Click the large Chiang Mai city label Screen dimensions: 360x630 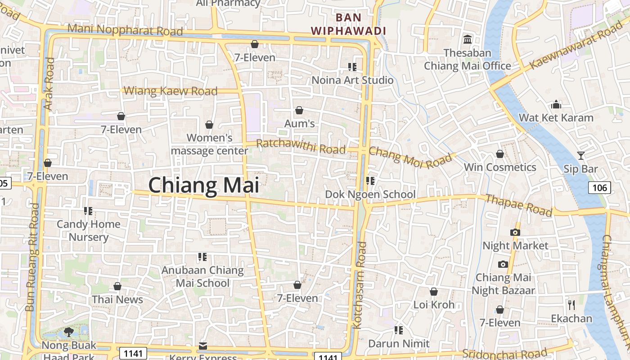click(x=204, y=185)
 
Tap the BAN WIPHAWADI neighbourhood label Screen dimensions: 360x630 click(x=349, y=24)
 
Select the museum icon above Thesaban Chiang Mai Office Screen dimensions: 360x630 click(x=468, y=40)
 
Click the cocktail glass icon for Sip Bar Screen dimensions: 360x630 click(x=581, y=156)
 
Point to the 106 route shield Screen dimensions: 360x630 click(x=599, y=188)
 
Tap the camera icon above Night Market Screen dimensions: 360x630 click(x=515, y=232)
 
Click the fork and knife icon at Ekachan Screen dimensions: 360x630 click(x=571, y=305)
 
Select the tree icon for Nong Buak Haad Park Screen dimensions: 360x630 click(x=69, y=332)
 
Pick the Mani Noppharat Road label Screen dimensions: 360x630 click(x=125, y=30)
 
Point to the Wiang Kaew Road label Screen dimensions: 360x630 click(x=170, y=91)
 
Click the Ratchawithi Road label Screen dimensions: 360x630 click(x=301, y=146)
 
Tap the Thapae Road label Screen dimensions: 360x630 click(x=518, y=205)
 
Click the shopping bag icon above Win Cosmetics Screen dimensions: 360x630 click(x=499, y=154)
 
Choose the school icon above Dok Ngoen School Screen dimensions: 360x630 click(x=370, y=181)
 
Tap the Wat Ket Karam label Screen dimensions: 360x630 click(x=556, y=118)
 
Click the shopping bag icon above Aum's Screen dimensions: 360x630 click(x=299, y=110)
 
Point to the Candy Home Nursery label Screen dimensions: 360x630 click(x=89, y=230)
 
